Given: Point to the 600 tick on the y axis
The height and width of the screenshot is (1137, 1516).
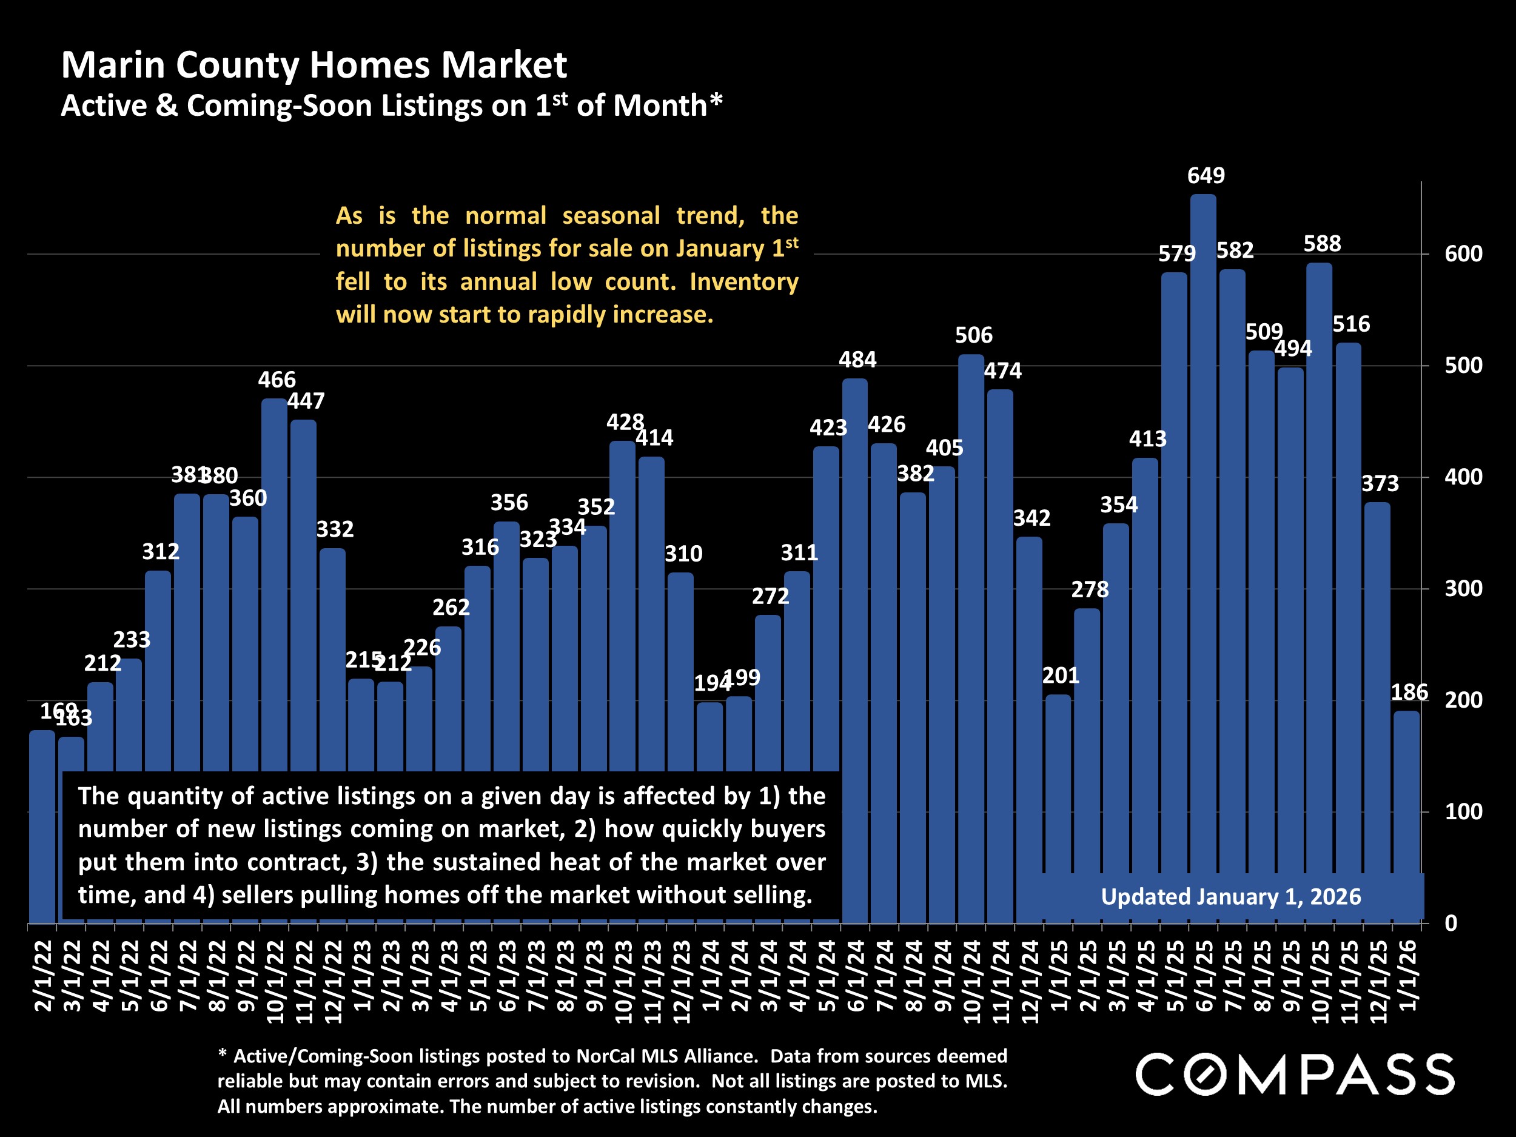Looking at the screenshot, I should [1463, 254].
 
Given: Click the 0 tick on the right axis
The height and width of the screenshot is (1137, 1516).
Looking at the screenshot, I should [1451, 923].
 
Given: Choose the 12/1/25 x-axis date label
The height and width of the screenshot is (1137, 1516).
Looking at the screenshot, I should [1378, 981].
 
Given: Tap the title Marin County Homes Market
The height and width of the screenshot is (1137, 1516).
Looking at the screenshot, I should [314, 65].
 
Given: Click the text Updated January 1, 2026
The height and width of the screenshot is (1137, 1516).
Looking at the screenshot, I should [1231, 896].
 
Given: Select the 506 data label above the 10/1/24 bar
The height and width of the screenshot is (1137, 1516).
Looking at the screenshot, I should [973, 335].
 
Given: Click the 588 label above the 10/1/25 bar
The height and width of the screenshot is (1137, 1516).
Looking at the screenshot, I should [1322, 243].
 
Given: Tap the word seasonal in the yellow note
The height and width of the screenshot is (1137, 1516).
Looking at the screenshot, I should [611, 216].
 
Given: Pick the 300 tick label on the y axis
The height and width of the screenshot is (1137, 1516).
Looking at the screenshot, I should [1463, 589].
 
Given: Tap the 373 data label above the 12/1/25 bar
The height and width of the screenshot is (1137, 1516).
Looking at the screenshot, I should [1380, 484].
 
